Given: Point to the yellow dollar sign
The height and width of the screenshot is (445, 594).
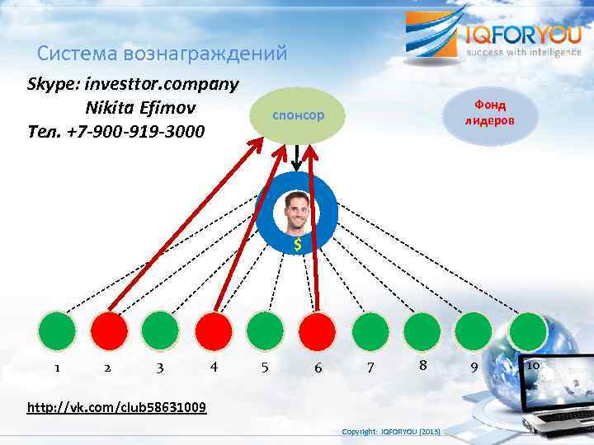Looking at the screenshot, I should pyautogui.click(x=298, y=245).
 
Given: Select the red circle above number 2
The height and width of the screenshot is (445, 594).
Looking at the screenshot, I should pyautogui.click(x=109, y=331).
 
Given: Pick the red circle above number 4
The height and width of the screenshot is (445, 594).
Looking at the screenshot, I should pyautogui.click(x=214, y=331).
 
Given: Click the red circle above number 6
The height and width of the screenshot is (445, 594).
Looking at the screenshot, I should pyautogui.click(x=318, y=331).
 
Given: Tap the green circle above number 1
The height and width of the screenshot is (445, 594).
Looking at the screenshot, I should pyautogui.click(x=57, y=331).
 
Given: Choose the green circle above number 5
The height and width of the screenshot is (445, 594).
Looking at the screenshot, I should pyautogui.click(x=266, y=331).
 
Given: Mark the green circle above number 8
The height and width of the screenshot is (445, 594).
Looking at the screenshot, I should pyautogui.click(x=423, y=331).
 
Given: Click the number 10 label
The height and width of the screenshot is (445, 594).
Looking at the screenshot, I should pyautogui.click(x=532, y=365).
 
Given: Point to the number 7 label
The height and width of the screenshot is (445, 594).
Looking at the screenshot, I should pyautogui.click(x=370, y=368).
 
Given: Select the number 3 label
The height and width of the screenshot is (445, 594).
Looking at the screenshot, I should pyautogui.click(x=159, y=368).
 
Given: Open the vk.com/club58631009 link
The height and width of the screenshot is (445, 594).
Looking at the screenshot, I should pyautogui.click(x=117, y=407).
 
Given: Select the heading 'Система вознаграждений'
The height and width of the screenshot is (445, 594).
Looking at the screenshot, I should pyautogui.click(x=163, y=54).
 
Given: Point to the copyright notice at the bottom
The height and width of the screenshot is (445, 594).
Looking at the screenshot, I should pyautogui.click(x=392, y=432).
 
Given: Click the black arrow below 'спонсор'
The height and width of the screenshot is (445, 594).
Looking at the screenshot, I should pyautogui.click(x=297, y=159).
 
